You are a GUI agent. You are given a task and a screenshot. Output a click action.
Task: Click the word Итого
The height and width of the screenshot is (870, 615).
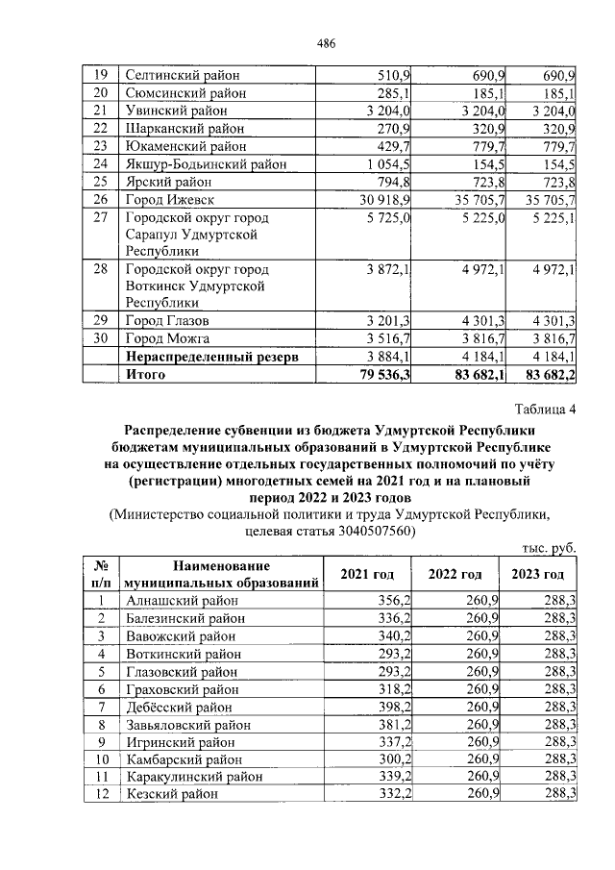coord(145,376)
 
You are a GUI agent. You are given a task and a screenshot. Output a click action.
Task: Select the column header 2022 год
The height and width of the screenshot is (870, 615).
coord(454,574)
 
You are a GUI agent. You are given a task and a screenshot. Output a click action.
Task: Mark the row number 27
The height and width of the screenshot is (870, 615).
coord(99,218)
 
